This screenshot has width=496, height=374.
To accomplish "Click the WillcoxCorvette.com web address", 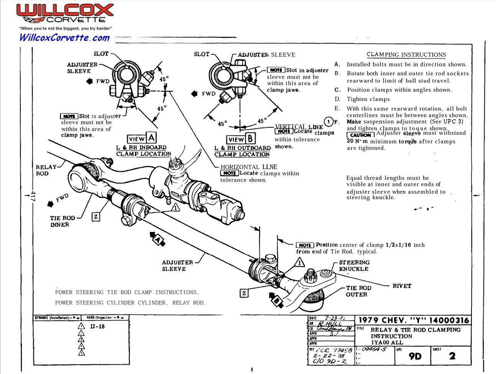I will coord(64,37).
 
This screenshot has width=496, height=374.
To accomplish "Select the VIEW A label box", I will coord(142,138).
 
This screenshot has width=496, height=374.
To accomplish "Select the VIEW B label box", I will coord(240,139).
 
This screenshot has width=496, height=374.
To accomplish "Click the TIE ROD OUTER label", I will coord(358,291).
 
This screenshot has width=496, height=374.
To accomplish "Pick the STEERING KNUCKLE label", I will coord(354,265).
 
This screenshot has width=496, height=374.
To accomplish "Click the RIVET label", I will coord(401,286).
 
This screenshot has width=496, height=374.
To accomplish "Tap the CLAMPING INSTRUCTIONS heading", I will coord(406,55).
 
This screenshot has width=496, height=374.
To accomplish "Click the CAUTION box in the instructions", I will coord(360,135).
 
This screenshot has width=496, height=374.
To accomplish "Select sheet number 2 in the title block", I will coord(452,356).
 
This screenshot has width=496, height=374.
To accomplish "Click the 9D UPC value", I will coord(415,356).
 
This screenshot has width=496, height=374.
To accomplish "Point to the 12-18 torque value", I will coord(97,326).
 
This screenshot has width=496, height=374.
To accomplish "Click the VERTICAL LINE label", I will coord(299,127).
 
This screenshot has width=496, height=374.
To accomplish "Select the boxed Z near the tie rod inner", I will coord(96,217).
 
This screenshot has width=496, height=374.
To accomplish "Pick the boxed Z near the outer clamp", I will coord(244,293).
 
